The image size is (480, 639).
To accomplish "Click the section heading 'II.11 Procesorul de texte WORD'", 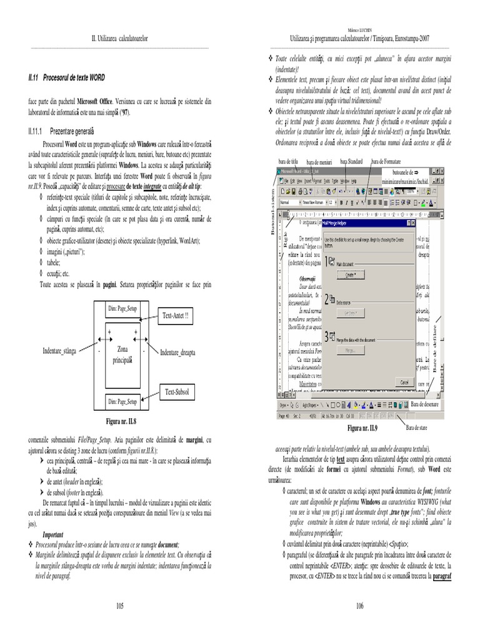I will point(66,77).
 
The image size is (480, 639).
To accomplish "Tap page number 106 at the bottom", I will point(359,605).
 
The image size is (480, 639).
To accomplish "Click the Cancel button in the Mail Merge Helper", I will point(404,381).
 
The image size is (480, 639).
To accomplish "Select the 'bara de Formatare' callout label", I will point(388,162).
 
